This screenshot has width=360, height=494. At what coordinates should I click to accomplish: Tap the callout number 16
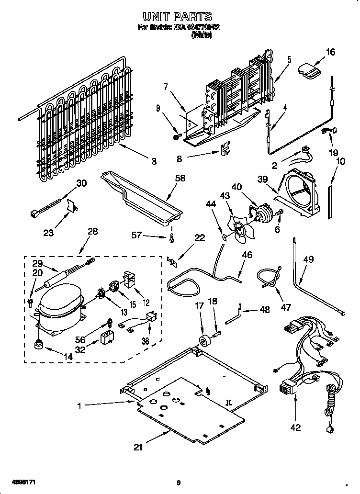330,52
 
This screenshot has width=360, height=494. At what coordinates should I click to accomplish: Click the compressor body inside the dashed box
58,307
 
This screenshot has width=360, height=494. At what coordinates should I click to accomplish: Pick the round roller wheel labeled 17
205,342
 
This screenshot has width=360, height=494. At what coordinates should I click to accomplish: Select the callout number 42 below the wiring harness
296,427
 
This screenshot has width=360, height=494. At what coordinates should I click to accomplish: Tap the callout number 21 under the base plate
138,448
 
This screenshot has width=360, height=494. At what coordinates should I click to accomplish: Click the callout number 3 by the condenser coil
154,162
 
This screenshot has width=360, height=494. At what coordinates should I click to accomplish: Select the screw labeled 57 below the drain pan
171,239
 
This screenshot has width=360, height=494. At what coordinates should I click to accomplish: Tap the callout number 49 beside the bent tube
309,259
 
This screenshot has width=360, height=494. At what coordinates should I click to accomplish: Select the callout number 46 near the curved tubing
247,255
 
